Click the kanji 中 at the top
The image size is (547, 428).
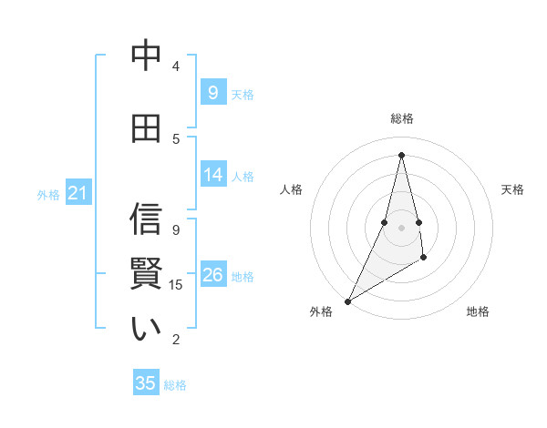[x=146, y=56]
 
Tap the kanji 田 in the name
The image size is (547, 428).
[x=146, y=128]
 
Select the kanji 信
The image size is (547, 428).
[x=146, y=219]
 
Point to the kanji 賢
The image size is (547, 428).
[x=146, y=274]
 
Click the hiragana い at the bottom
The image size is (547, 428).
[x=146, y=329]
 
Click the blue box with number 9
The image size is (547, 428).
[x=212, y=93]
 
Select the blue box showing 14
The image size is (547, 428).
[x=212, y=175]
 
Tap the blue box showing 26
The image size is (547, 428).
[x=212, y=275]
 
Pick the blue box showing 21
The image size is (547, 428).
[x=77, y=193]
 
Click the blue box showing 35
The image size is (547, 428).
[x=146, y=383]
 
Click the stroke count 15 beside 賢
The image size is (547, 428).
[x=177, y=285]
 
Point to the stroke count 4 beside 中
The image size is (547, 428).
[x=176, y=66]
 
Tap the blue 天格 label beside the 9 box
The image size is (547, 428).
[x=243, y=94]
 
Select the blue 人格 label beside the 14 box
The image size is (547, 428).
[x=243, y=176]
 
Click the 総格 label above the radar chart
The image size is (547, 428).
[x=401, y=118]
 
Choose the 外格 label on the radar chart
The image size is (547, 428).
[x=321, y=312]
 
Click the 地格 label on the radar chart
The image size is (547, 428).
[x=478, y=312]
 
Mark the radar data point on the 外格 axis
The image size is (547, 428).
[x=347, y=301]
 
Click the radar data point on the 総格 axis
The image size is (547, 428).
[x=401, y=154]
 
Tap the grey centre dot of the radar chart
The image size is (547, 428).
[x=401, y=227]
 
